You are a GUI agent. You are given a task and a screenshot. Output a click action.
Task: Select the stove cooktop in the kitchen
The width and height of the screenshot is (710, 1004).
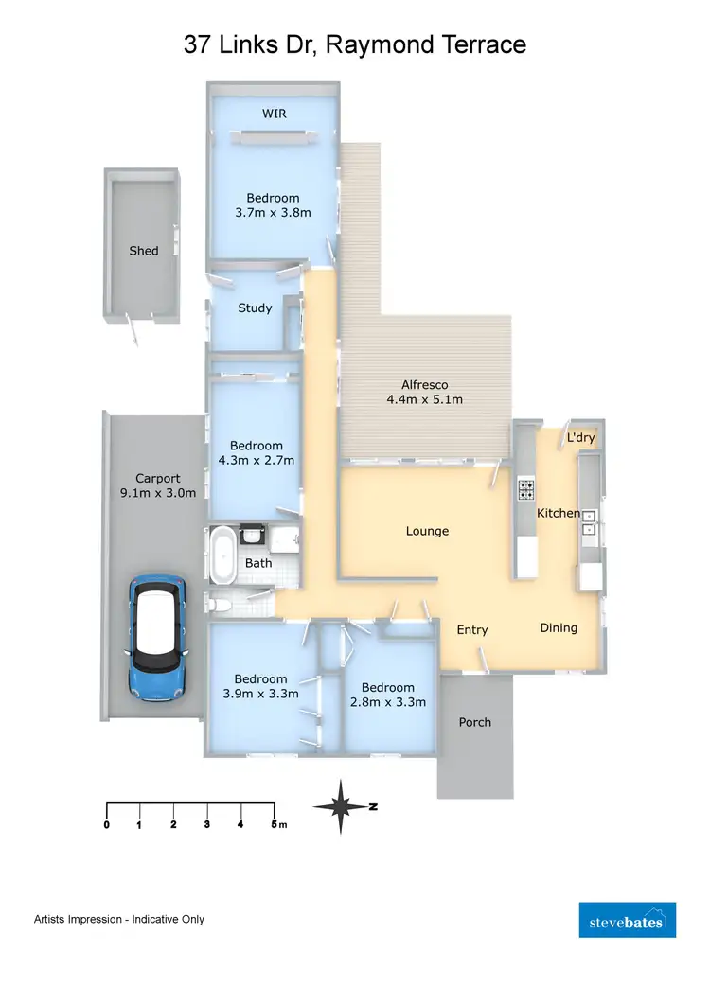pyautogui.click(x=525, y=490)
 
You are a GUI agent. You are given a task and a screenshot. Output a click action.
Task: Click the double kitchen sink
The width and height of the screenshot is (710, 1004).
pyautogui.click(x=590, y=522)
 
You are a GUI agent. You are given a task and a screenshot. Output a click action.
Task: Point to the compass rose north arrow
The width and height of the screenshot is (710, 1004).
pyautogui.click(x=345, y=806)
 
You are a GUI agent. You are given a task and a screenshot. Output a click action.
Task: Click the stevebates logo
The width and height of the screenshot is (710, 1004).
pyautogui.click(x=627, y=920)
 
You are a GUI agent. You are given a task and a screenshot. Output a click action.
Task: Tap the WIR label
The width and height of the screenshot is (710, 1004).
pyautogui.click(x=275, y=114)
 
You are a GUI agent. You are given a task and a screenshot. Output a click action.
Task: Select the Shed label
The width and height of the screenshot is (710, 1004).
pyautogui.click(x=144, y=251)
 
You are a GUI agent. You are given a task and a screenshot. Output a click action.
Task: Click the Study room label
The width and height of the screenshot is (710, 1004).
pyautogui.click(x=255, y=308)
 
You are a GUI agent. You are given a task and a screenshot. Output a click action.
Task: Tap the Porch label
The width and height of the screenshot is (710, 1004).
pyautogui.click(x=474, y=722)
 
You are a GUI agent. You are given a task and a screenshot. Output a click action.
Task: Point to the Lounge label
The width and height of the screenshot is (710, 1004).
pyautogui.click(x=427, y=531)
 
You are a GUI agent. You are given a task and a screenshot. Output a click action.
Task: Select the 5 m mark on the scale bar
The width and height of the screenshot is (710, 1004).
pyautogui.click(x=275, y=825)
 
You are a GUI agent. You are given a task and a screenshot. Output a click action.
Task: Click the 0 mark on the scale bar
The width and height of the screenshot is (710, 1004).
pyautogui.click(x=106, y=825)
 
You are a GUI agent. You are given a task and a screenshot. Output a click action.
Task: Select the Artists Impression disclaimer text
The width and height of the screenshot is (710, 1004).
pyautogui.click(x=119, y=919)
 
